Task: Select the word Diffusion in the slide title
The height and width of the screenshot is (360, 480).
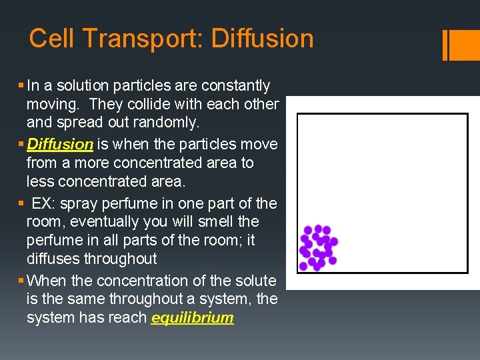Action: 262,39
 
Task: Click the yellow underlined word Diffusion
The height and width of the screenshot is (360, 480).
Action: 60,144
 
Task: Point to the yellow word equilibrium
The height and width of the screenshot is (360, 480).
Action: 193,318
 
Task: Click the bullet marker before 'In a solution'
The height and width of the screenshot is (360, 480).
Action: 23,86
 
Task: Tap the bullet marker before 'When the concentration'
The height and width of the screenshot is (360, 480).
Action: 23,281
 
